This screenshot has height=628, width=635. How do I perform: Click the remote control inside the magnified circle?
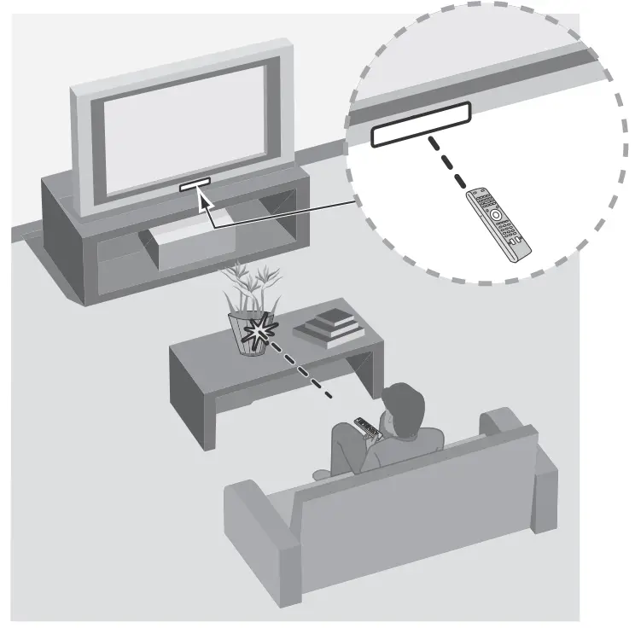(498, 224)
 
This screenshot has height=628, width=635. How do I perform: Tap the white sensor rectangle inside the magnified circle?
(421, 125)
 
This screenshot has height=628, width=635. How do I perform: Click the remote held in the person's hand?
(365, 424)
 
